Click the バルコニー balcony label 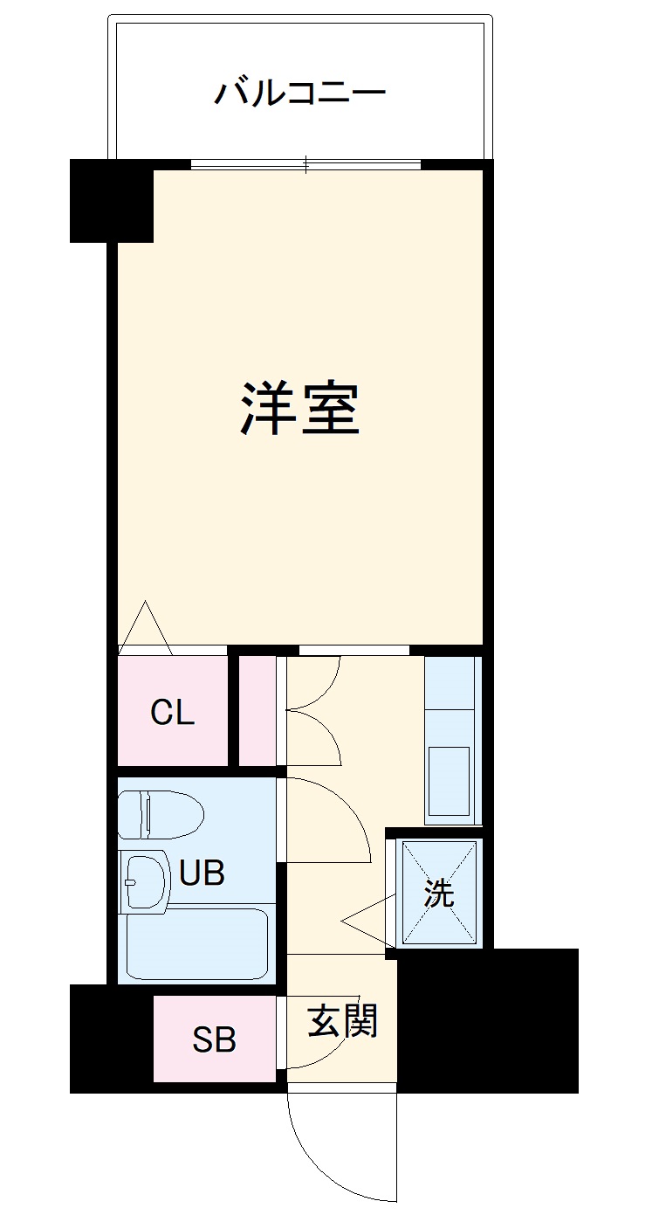(299, 91)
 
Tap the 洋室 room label (299, 409)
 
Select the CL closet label (172, 714)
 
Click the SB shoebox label (214, 1039)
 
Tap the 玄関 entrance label (342, 1020)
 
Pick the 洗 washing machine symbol (439, 893)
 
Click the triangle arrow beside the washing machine (364, 919)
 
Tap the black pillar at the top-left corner (112, 200)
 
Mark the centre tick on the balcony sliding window (306, 163)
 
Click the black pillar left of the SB (112, 1038)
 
